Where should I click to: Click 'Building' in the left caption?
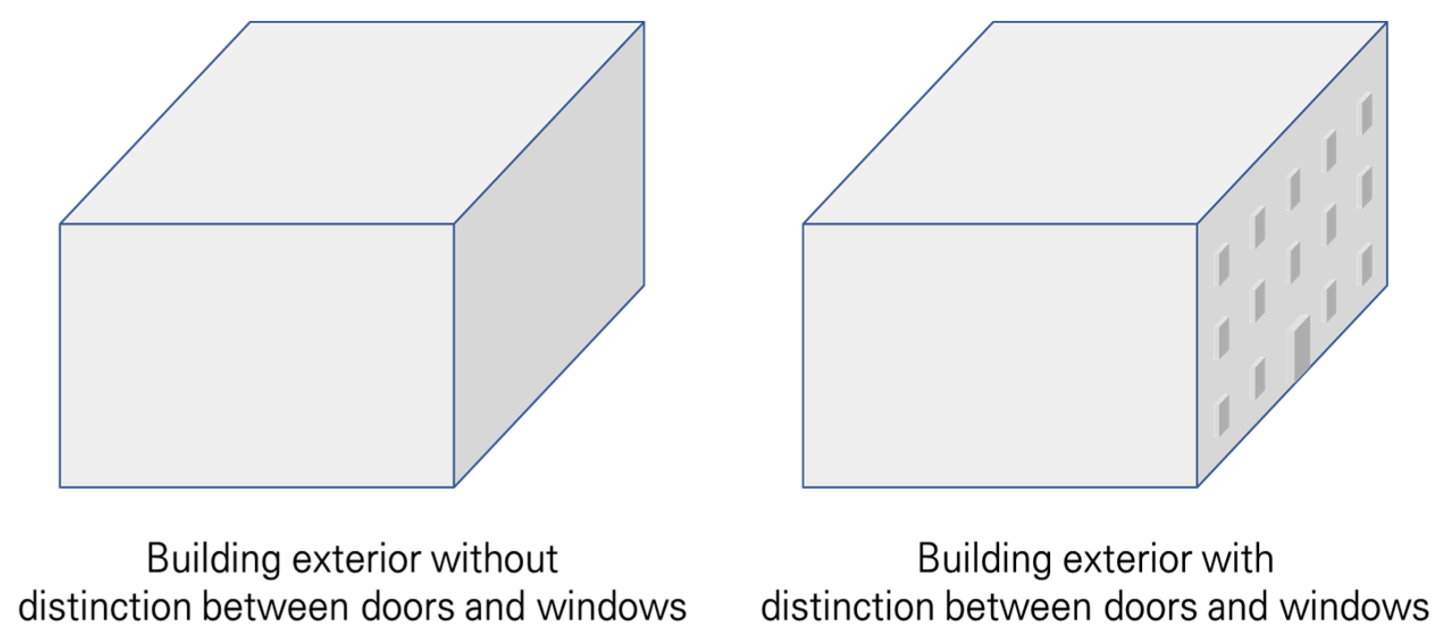click(213, 560)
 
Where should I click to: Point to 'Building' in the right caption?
click(984, 560)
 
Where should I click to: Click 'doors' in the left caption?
click(407, 606)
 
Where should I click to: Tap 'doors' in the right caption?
click(1150, 606)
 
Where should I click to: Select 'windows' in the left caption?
click(612, 606)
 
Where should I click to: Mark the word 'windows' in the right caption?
click(1354, 606)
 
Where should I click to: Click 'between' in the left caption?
click(280, 606)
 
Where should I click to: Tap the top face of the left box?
click(352, 122)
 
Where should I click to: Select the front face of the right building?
click(999, 355)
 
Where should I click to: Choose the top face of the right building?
click(1096, 122)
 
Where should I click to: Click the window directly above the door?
click(1295, 262)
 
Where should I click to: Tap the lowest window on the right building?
click(1223, 416)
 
